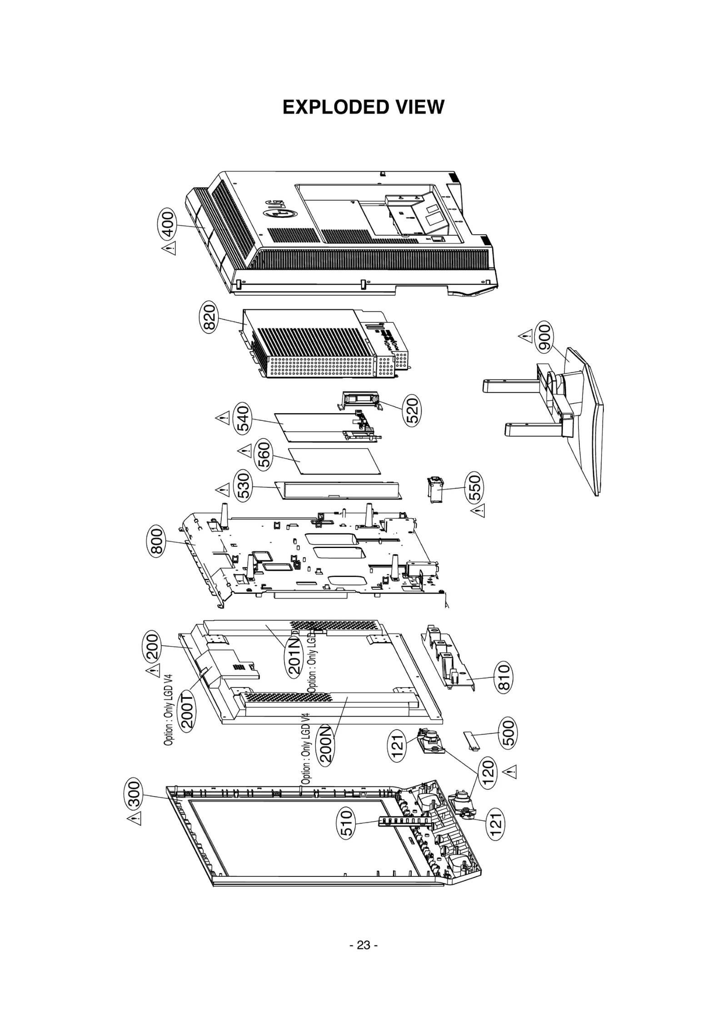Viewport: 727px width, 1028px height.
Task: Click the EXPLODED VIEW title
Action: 363,108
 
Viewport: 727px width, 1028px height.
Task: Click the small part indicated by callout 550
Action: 435,490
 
